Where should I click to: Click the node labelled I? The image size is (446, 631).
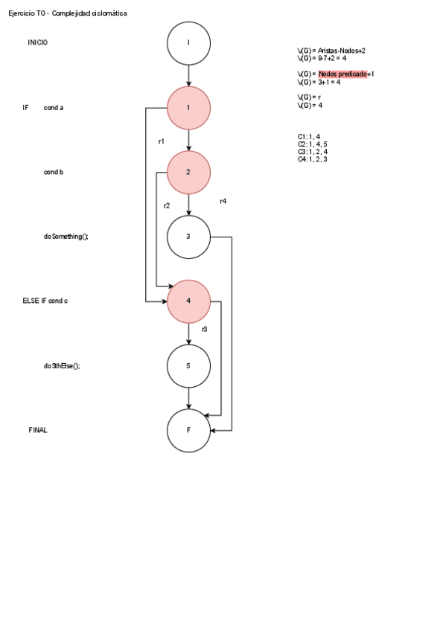[x=188, y=42]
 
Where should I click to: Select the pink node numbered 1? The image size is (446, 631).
[x=188, y=108]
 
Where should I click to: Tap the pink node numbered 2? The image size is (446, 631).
[x=188, y=172]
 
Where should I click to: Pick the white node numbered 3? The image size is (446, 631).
[x=188, y=237]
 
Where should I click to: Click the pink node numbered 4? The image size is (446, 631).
[x=188, y=301]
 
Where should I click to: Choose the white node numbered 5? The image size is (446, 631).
[x=188, y=365]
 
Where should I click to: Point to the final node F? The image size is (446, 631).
[x=188, y=430]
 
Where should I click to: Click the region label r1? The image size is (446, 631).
[x=161, y=141]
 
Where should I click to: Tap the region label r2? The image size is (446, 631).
[x=167, y=205]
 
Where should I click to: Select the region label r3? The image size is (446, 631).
[x=204, y=329]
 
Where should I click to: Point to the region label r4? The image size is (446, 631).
[x=223, y=202]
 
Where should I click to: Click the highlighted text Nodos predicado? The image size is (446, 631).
[x=343, y=74]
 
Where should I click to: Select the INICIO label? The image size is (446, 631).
[x=38, y=43]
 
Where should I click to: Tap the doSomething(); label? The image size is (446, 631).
[x=66, y=237]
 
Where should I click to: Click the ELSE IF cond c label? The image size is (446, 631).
[x=45, y=301]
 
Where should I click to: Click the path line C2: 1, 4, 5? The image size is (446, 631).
[x=313, y=144]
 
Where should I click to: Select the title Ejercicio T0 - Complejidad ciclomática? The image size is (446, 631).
[x=68, y=13]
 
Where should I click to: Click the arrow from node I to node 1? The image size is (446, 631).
[x=188, y=75]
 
